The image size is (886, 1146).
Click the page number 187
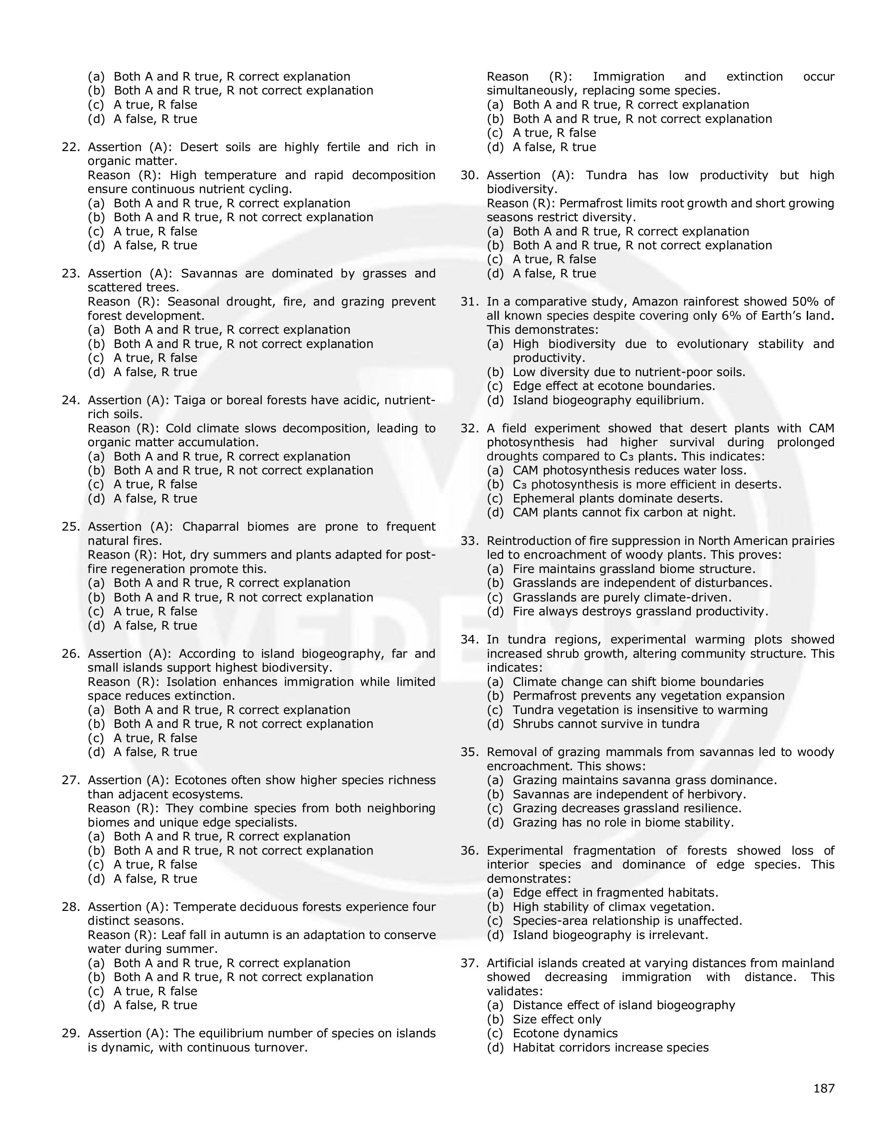823,1088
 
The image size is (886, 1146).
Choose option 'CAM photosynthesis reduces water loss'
629,471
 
